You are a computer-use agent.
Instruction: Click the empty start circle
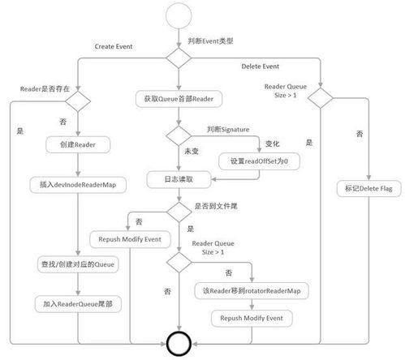coord(178,16)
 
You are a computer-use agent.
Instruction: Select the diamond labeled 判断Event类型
coord(178,58)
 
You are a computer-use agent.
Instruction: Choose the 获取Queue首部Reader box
coord(178,99)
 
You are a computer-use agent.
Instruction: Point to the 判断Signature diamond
coord(178,135)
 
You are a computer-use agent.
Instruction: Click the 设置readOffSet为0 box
coord(259,161)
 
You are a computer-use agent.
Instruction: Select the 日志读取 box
coord(178,178)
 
